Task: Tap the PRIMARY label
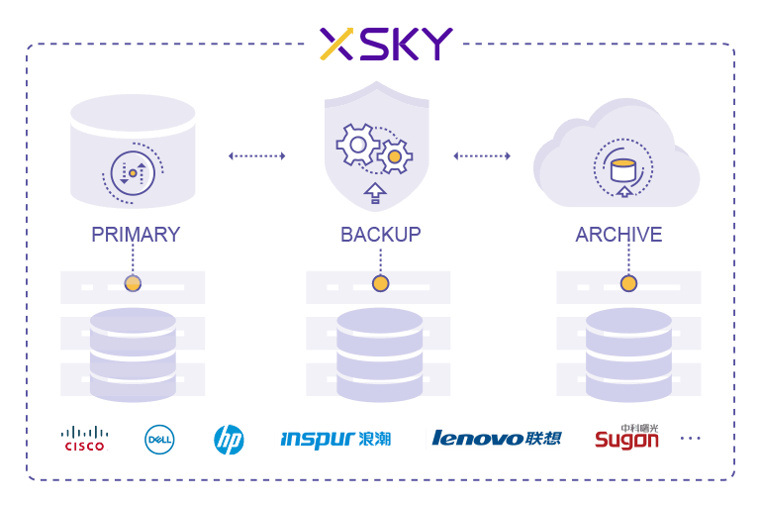tap(136, 235)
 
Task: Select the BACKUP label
tap(381, 235)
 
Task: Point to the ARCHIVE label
tap(618, 235)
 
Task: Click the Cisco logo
tap(85, 438)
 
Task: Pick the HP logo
tap(229, 440)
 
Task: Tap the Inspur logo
tap(335, 440)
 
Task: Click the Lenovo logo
tap(495, 439)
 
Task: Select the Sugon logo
tap(626, 437)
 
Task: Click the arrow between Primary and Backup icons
tap(256, 155)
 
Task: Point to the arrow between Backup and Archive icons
tap(482, 155)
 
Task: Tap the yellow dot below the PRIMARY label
tap(133, 283)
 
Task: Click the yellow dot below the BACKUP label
tap(380, 283)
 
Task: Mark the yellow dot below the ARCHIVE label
tap(628, 283)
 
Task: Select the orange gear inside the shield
tap(394, 155)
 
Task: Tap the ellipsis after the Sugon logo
tap(690, 438)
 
